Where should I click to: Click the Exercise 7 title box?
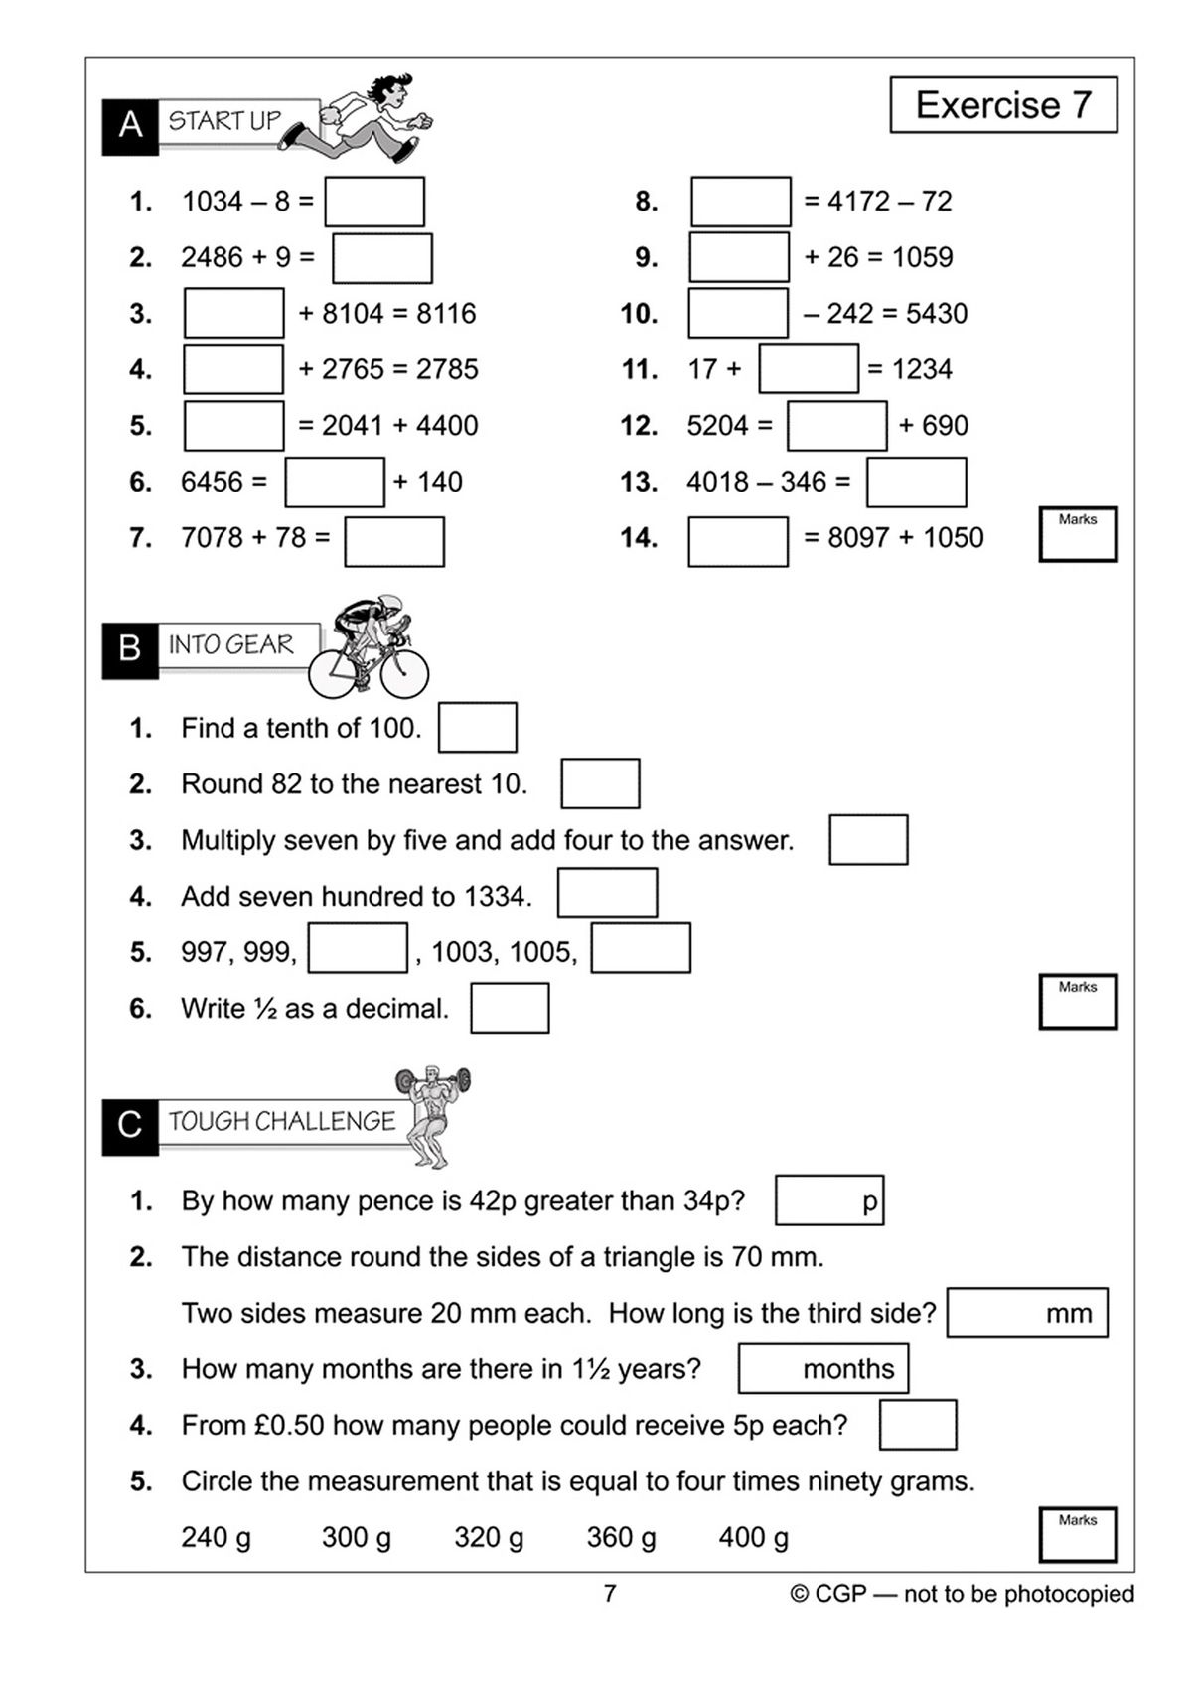tap(1003, 105)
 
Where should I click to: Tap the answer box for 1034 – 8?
tap(374, 202)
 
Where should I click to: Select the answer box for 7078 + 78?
tap(394, 541)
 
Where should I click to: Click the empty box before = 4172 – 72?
tap(740, 202)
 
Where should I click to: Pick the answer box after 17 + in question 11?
tap(808, 369)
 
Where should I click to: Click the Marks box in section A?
tap(1078, 535)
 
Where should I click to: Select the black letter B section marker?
tap(129, 650)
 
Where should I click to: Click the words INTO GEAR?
tap(231, 645)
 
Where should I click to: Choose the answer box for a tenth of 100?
tap(477, 728)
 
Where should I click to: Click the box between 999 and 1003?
tap(358, 948)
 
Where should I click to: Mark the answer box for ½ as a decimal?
tap(510, 1008)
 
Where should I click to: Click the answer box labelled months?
tap(822, 1369)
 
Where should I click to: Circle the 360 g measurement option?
tap(621, 1538)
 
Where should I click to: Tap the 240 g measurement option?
tap(216, 1538)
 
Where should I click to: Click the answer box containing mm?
tap(1026, 1313)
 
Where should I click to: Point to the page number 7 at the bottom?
tap(610, 1594)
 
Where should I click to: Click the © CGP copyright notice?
tap(962, 1594)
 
